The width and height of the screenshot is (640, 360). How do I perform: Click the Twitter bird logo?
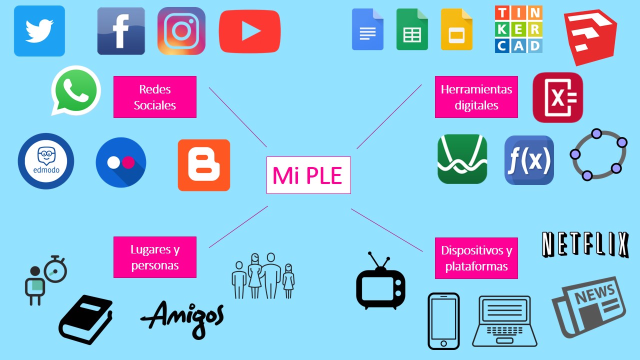(39, 30)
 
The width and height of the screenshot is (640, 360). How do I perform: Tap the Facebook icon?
(121, 30)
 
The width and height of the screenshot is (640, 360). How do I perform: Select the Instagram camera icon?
(181, 30)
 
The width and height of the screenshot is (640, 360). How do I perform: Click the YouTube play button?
(249, 31)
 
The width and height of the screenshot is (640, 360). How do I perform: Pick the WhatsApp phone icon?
(75, 90)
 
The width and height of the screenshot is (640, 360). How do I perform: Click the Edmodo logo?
(46, 161)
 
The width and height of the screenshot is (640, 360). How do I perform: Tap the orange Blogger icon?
(204, 165)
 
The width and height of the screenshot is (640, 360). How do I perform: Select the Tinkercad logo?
(518, 29)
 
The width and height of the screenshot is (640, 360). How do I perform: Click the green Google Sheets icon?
(412, 29)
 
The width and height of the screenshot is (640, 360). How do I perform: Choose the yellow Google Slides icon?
(456, 29)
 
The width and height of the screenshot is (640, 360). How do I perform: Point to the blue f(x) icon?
(529, 160)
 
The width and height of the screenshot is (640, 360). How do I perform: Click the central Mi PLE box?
(308, 175)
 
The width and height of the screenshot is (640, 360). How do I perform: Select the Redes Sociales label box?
(155, 97)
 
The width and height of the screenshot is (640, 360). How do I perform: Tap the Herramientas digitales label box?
(476, 97)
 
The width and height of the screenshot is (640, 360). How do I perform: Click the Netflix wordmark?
(585, 245)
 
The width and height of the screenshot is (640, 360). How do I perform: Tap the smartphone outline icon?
(443, 321)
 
